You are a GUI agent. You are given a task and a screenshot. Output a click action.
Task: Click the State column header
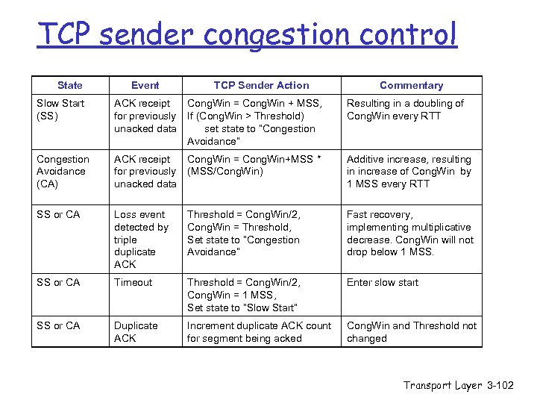(69, 85)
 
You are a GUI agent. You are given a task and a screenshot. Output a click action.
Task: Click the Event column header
(145, 85)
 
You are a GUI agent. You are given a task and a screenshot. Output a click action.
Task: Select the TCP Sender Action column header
(261, 85)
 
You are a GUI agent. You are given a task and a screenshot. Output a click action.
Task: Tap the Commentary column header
(411, 85)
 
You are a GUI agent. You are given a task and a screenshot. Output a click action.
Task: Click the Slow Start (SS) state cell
(60, 110)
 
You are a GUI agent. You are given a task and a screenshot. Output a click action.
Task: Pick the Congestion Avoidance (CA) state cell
(63, 171)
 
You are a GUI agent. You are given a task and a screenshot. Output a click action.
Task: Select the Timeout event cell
(133, 282)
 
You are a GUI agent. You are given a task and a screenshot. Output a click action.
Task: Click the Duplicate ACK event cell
(136, 332)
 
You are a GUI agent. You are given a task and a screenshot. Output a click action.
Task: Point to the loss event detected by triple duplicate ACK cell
(141, 239)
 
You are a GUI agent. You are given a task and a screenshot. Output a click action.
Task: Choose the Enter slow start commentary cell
(383, 282)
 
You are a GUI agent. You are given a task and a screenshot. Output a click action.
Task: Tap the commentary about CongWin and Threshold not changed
(411, 332)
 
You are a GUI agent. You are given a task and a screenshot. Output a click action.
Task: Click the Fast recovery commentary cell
(409, 233)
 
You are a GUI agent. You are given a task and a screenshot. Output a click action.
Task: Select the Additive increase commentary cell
(409, 171)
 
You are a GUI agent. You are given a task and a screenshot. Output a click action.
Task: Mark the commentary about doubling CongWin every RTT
(405, 110)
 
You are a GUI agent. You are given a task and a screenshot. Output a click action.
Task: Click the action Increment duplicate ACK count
(259, 332)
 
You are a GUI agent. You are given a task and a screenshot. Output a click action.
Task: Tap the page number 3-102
(500, 385)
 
